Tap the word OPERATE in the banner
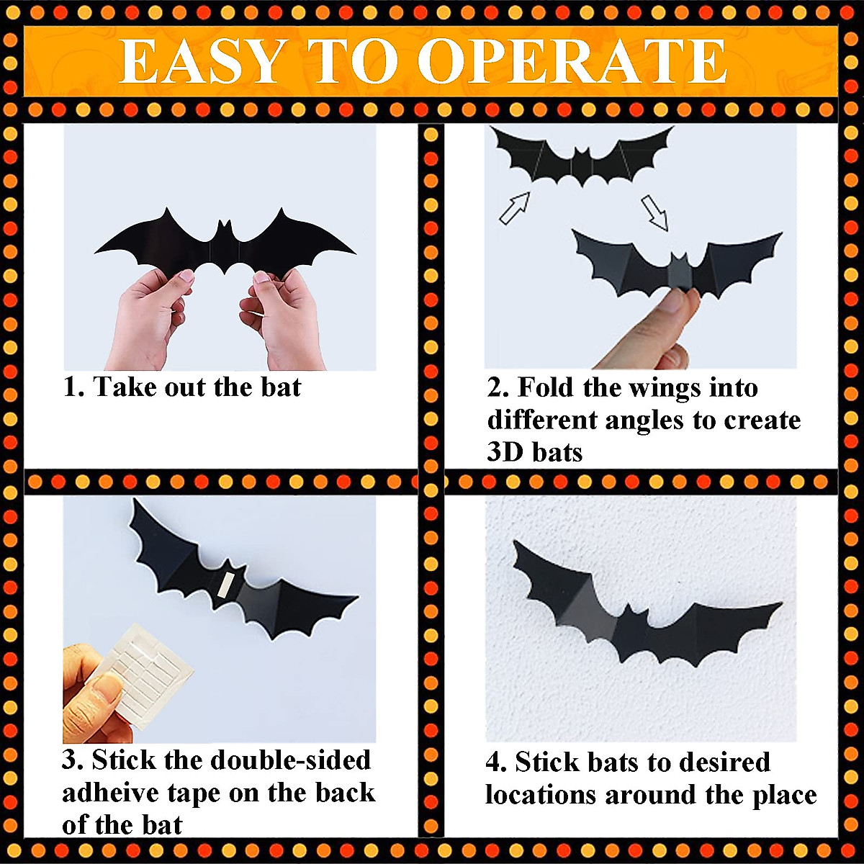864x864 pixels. click(x=572, y=62)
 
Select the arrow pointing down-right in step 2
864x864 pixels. click(x=655, y=212)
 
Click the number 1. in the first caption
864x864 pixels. click(x=74, y=387)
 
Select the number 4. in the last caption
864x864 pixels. click(x=497, y=762)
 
